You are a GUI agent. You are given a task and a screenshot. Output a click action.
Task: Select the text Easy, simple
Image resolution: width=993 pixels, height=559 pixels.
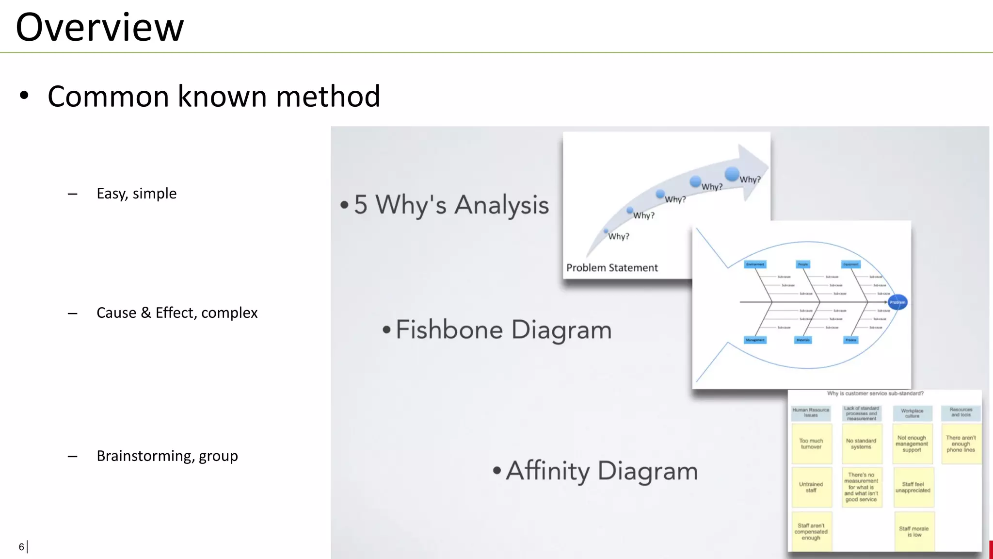click(x=136, y=194)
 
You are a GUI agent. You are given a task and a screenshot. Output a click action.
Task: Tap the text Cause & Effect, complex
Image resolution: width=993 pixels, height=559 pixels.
click(x=177, y=313)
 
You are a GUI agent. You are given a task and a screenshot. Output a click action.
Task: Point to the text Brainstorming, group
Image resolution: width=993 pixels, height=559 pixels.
click(x=167, y=456)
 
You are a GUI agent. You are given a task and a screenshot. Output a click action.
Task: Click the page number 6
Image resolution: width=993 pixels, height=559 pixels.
click(x=21, y=547)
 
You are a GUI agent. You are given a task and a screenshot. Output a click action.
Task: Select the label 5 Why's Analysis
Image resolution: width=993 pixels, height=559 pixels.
click(x=451, y=204)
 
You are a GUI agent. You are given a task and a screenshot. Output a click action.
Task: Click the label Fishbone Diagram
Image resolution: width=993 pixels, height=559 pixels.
click(x=503, y=330)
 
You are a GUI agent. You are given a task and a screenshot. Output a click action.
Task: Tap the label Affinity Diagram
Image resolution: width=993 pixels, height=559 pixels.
click(x=602, y=471)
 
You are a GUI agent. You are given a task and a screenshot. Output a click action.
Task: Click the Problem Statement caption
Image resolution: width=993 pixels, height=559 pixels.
click(x=612, y=268)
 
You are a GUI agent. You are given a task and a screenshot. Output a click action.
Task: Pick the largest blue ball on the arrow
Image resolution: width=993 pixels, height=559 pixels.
click(x=732, y=174)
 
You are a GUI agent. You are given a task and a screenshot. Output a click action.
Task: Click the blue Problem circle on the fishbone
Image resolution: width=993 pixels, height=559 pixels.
click(x=897, y=302)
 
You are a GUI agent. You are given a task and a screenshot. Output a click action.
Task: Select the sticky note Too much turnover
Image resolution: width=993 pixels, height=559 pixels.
click(x=811, y=444)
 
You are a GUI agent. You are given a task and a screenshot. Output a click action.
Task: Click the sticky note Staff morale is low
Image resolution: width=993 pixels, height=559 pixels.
click(x=913, y=532)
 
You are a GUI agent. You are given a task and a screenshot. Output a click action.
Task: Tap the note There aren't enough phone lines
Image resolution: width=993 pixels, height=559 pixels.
click(x=961, y=444)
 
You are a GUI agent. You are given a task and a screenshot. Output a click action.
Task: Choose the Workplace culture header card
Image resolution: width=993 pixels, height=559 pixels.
click(x=912, y=413)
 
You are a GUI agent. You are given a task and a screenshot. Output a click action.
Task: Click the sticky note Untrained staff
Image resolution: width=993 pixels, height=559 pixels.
click(x=811, y=487)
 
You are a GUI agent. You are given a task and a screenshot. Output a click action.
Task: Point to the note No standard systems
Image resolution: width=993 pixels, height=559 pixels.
click(x=861, y=444)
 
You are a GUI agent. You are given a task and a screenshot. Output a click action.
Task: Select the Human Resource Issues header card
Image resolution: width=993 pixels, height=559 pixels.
click(x=811, y=413)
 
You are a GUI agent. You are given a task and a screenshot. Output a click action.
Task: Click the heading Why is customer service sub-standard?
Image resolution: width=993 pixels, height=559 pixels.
click(x=875, y=394)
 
